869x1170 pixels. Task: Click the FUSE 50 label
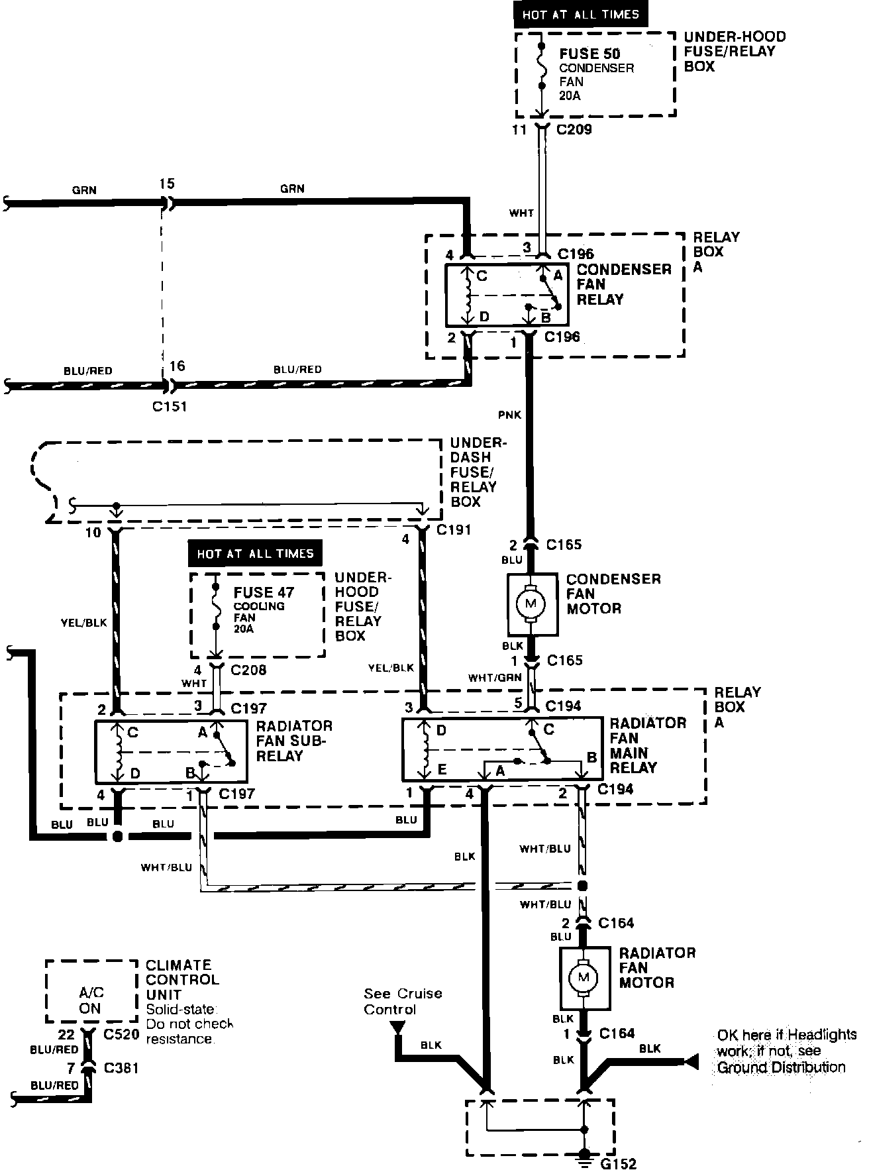(589, 54)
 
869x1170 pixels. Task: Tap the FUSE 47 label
(264, 592)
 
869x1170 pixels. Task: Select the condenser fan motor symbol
(530, 604)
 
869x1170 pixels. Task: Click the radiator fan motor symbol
(584, 977)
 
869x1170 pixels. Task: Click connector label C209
(574, 129)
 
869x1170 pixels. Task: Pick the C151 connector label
(170, 406)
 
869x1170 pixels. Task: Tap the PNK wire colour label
(511, 415)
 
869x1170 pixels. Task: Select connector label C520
(122, 1034)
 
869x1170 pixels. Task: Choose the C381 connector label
(122, 1067)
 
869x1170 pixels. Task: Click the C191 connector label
(454, 529)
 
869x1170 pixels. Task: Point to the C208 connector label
(248, 670)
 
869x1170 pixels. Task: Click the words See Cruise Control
(403, 1001)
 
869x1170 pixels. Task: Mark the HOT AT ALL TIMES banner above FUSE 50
(580, 15)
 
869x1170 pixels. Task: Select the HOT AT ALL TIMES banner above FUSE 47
(255, 553)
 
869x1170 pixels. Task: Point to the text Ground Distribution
(782, 1067)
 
